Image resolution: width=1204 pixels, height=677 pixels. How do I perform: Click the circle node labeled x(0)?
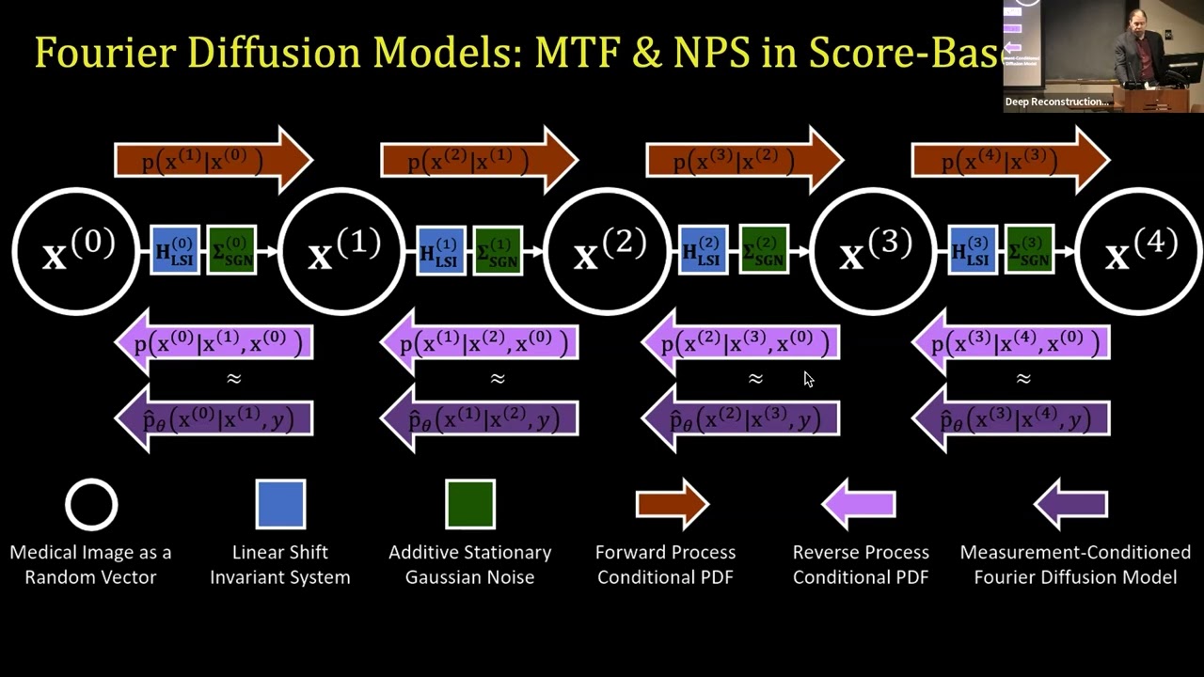tap(76, 251)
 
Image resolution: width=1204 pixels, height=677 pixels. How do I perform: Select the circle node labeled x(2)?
tap(608, 251)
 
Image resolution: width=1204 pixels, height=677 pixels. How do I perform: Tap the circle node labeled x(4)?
tap(1139, 251)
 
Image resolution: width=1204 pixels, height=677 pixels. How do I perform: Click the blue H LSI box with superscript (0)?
tap(175, 251)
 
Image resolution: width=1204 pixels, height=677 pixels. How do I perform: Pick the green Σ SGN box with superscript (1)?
tap(498, 251)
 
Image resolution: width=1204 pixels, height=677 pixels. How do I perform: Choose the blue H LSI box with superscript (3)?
tap(972, 251)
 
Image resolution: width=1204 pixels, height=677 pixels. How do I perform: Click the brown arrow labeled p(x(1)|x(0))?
tap(213, 161)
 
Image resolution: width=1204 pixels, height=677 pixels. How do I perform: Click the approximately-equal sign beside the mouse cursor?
tap(755, 379)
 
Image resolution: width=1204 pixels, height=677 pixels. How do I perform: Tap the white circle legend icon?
tap(91, 505)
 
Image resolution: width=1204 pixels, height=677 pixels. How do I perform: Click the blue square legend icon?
tap(280, 504)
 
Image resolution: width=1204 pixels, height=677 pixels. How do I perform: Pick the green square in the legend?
tap(470, 504)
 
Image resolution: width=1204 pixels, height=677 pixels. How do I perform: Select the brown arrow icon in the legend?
tap(672, 505)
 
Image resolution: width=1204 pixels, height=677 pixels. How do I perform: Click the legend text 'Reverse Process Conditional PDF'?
tap(861, 564)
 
